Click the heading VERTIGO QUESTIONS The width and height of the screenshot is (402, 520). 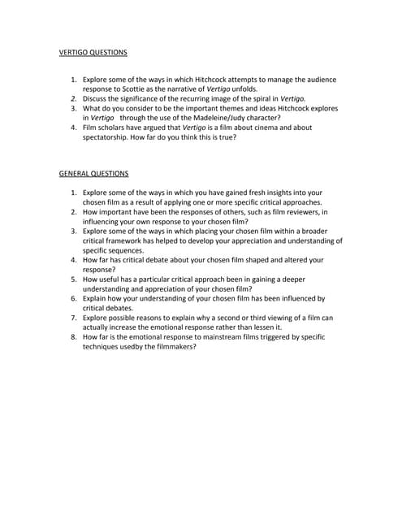tap(93, 53)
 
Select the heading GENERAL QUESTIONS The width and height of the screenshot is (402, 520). tap(93, 173)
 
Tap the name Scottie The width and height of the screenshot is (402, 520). tap(131, 89)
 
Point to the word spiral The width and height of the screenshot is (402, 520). tap(244, 98)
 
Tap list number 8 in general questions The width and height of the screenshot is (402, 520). tap(73, 336)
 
